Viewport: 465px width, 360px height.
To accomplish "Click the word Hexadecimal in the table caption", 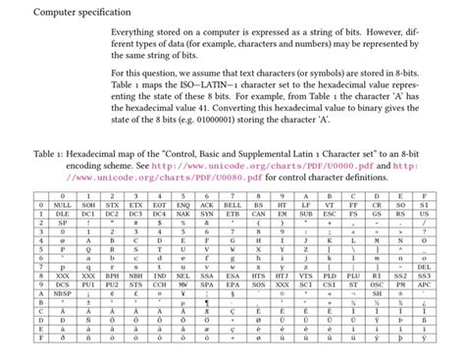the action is (97, 153).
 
